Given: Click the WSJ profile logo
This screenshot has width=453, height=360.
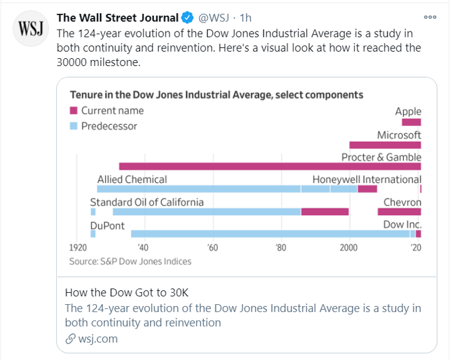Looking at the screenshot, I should (29, 29).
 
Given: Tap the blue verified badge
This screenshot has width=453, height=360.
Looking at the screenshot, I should (188, 18).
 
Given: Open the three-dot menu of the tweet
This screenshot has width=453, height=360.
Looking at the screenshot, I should (430, 17).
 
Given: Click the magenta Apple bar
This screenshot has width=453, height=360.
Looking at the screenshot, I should (411, 122).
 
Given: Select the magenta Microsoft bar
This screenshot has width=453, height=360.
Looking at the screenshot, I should (385, 145).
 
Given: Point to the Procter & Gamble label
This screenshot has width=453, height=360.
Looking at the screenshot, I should (381, 157).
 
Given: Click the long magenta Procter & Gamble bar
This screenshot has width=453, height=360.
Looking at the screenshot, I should (269, 166).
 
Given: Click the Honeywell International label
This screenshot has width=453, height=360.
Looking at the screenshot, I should (366, 179).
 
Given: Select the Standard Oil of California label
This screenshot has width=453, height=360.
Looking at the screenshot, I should (147, 202).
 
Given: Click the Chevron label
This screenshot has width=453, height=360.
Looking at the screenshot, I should (402, 202).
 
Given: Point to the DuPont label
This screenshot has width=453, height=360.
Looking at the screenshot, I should (107, 225).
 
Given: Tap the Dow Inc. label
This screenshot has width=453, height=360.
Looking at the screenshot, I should (402, 225).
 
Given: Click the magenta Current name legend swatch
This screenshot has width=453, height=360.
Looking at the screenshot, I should (74, 111).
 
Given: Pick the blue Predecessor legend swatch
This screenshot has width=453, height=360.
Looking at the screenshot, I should (74, 126).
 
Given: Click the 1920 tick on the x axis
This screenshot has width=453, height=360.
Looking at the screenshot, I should (78, 247).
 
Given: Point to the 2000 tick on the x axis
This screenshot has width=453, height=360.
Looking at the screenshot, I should (349, 247).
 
